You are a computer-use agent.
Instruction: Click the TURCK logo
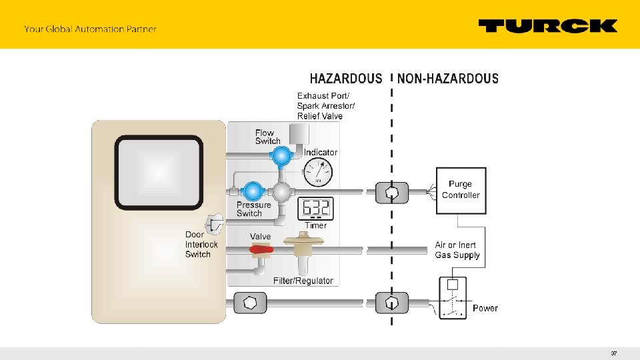click(x=548, y=26)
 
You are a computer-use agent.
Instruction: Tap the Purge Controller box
click(x=461, y=190)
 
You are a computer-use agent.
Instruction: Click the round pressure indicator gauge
click(x=318, y=173)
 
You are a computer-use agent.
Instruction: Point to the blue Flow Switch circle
click(x=280, y=155)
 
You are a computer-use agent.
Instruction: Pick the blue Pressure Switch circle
click(x=252, y=191)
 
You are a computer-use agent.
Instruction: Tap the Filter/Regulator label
click(x=303, y=281)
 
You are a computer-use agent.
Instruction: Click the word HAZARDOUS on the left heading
click(x=346, y=79)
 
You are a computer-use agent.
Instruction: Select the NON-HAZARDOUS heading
click(x=448, y=79)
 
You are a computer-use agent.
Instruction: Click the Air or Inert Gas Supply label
click(x=457, y=250)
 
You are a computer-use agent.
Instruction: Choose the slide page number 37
click(x=614, y=353)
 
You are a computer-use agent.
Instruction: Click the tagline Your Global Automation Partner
click(x=90, y=29)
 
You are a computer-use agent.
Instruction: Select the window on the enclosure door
click(x=159, y=173)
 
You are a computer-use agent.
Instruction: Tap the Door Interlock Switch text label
click(x=201, y=244)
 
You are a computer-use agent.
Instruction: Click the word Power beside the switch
click(x=485, y=308)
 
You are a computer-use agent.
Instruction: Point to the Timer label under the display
click(x=316, y=225)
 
